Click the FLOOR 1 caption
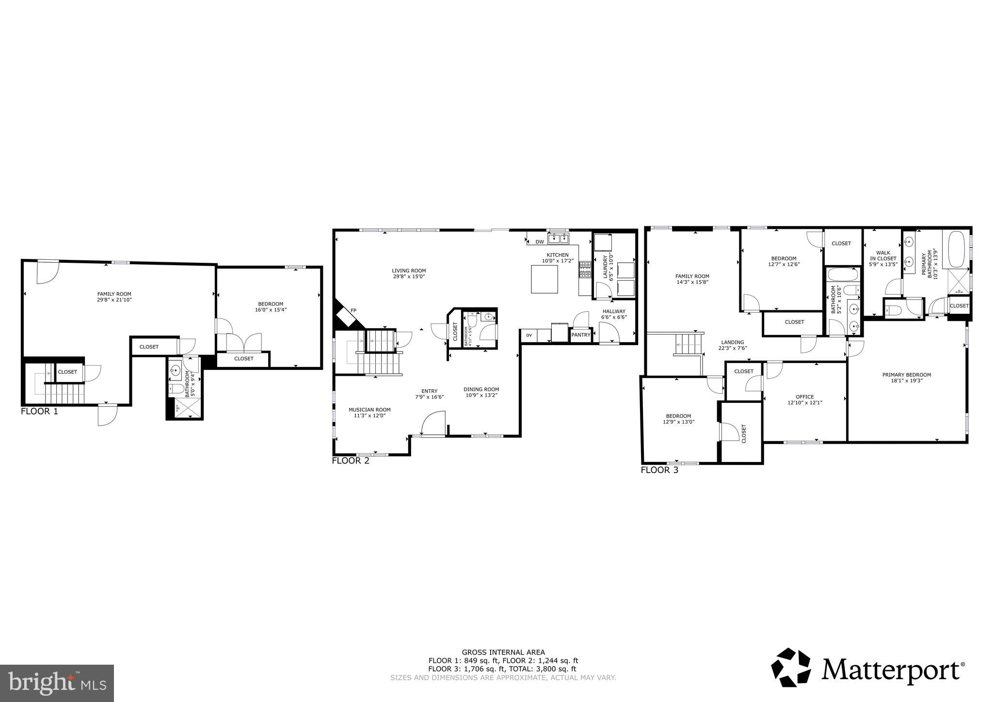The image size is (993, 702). pos(39,412)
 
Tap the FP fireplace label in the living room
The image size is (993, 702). pos(353,310)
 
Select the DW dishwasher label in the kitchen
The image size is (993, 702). pos(540,241)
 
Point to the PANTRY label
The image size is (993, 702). pos(580,335)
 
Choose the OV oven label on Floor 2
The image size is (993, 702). pos(529,335)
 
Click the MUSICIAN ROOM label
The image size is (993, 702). pos(369,410)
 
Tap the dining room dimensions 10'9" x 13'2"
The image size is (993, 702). pos(481,395)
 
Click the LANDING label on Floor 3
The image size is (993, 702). pos(732,342)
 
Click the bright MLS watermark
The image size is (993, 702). pos(57,683)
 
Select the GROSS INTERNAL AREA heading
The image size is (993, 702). pos(503,652)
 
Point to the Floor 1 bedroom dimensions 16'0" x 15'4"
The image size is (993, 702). pos(270,310)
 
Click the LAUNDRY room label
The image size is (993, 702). pos(605,267)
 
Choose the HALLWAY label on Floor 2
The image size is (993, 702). pos(613,311)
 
